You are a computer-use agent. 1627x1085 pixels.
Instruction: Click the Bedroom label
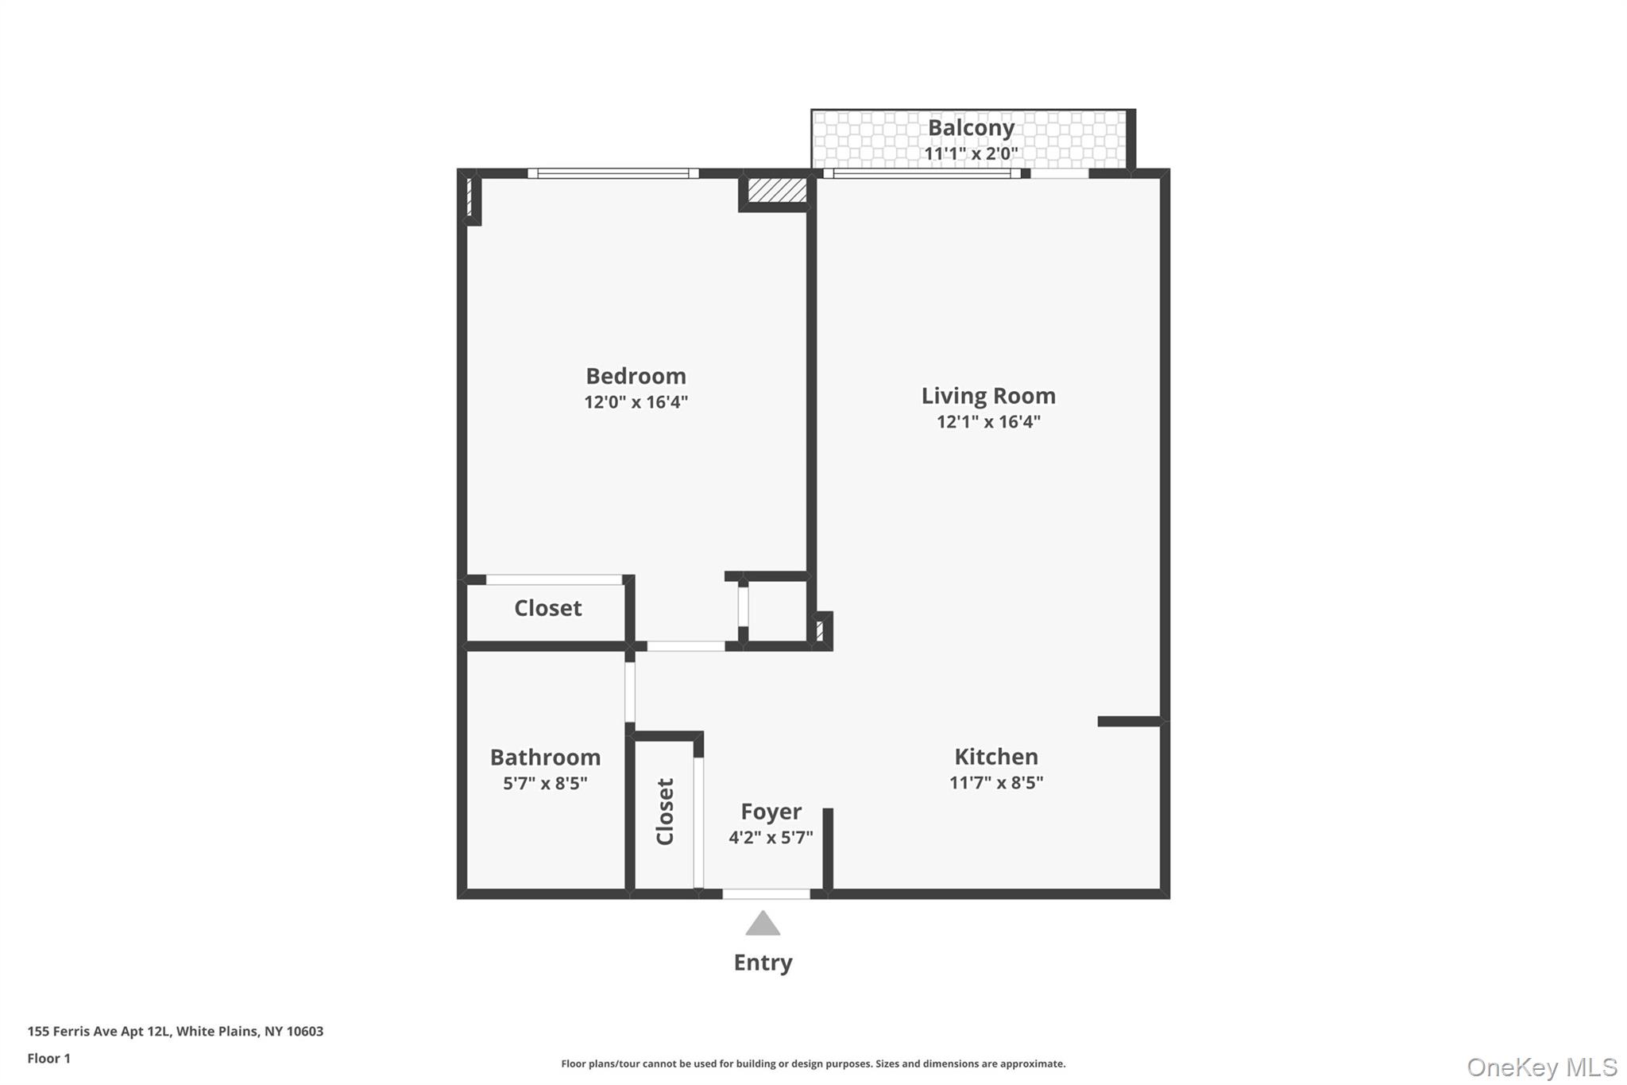(x=636, y=376)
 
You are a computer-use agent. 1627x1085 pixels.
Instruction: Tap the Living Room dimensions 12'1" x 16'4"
(x=988, y=422)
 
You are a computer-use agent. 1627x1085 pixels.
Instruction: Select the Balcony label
(x=971, y=128)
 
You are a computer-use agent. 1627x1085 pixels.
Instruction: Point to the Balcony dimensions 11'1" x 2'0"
(x=971, y=153)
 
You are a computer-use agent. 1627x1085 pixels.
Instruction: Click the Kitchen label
(x=995, y=757)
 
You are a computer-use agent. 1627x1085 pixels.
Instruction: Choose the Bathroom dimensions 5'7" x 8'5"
(x=545, y=784)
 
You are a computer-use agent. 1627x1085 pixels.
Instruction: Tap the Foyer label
(x=771, y=812)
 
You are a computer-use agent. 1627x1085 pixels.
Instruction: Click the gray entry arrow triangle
(x=763, y=924)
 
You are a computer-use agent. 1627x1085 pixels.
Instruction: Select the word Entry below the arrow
(x=763, y=963)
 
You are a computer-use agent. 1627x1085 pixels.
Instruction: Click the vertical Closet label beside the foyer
(x=665, y=812)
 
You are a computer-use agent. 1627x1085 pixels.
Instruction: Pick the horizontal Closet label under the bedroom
(x=547, y=608)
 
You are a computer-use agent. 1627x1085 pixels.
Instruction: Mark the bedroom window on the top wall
(x=613, y=173)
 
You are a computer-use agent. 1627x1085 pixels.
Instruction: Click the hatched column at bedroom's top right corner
(x=777, y=190)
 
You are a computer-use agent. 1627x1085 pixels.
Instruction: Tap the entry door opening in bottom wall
(x=766, y=894)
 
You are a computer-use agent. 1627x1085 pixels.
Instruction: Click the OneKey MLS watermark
(x=1541, y=1067)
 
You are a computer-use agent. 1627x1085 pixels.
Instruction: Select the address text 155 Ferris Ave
(x=175, y=1032)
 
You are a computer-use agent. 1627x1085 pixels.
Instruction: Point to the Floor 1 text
(x=49, y=1059)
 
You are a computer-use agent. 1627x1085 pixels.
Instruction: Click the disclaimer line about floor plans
(x=813, y=1064)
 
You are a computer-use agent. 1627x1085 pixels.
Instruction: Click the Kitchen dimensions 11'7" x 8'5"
(x=995, y=783)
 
